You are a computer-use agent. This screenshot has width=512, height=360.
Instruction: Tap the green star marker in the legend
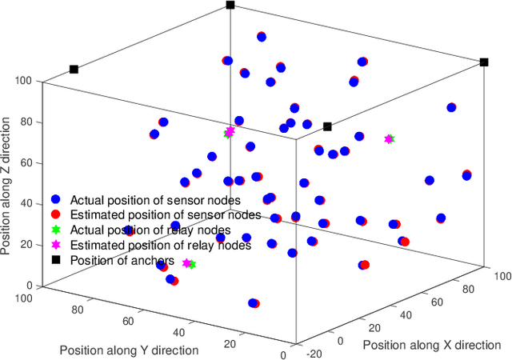(56, 230)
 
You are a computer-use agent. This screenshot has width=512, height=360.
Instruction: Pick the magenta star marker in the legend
(56, 245)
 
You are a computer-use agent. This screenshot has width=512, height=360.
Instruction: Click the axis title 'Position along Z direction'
(7, 186)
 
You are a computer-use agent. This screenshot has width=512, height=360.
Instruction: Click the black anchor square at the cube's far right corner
(484, 62)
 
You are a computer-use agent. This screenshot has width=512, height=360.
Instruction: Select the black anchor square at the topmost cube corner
(230, 5)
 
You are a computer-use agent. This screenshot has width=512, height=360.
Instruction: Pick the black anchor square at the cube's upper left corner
(74, 70)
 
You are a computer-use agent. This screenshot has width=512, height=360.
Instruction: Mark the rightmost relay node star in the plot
(390, 139)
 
